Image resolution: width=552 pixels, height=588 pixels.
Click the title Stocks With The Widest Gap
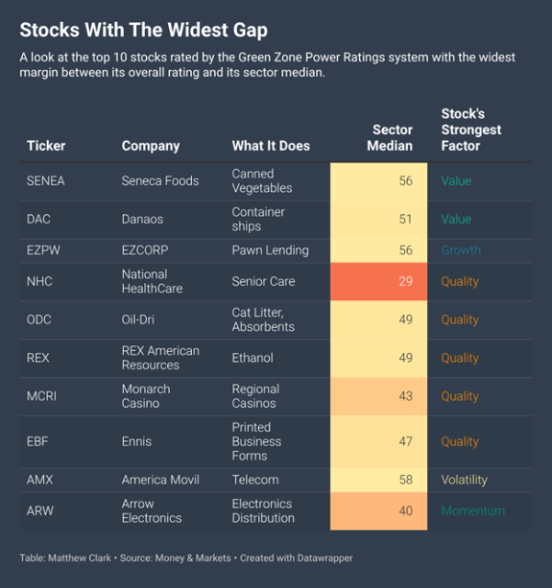[x=143, y=30]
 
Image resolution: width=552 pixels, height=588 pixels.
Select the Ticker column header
[x=46, y=146]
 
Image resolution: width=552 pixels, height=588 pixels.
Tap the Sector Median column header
[x=390, y=137]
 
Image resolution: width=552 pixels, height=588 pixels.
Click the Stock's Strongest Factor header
[x=471, y=129]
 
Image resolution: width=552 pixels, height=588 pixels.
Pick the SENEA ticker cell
[x=45, y=180]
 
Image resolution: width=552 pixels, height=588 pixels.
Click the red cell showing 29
[x=378, y=281]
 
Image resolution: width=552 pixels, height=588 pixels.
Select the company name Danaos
[x=142, y=219]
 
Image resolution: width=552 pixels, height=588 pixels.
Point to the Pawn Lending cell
[x=270, y=250]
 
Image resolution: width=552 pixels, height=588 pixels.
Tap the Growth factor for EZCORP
[x=461, y=250]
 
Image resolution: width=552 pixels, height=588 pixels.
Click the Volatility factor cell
[x=465, y=480]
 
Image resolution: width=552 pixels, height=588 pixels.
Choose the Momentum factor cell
[x=473, y=510]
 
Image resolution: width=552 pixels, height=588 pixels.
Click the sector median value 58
[x=406, y=480]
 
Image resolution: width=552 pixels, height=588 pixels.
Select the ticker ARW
[x=39, y=510]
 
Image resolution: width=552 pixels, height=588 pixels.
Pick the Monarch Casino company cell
[x=146, y=396]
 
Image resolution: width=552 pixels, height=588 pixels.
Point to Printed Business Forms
[x=256, y=441]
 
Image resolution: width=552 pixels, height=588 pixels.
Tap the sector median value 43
[x=406, y=396]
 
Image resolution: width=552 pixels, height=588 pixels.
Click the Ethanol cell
[x=252, y=358]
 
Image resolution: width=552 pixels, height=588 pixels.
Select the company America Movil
[x=160, y=480]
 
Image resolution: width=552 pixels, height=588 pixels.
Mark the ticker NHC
[x=39, y=281]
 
